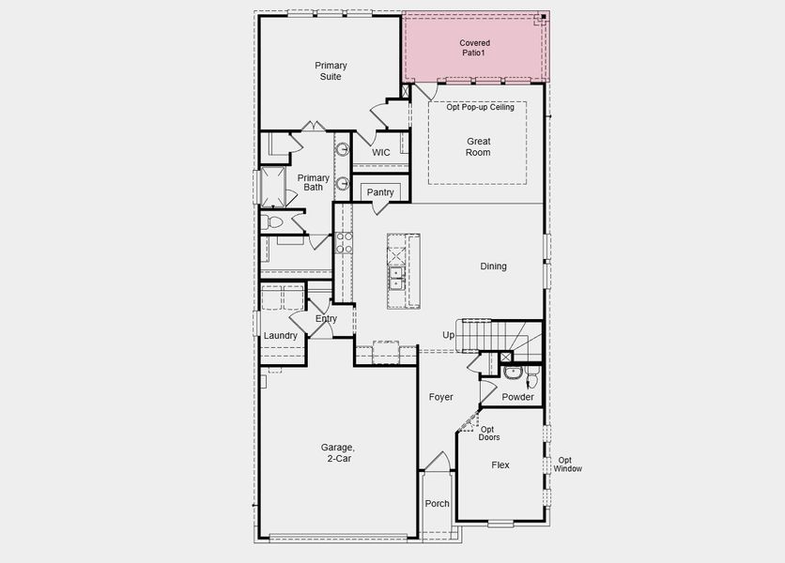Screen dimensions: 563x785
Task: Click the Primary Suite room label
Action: (331, 70)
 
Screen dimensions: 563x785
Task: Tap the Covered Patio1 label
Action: (474, 48)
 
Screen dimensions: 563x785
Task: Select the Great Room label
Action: (478, 146)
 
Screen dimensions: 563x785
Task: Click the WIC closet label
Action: (380, 152)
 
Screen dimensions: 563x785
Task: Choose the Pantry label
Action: (380, 192)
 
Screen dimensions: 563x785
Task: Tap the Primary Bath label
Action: (314, 182)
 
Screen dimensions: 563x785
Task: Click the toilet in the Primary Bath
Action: (271, 222)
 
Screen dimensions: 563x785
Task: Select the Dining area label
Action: (493, 266)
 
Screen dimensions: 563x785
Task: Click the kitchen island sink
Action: (396, 277)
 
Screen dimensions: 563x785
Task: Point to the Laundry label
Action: (280, 336)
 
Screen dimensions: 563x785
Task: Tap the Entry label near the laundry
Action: (326, 319)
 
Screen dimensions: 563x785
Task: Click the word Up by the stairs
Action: (449, 335)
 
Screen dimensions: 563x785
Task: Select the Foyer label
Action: (441, 397)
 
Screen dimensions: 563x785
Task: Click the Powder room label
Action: (517, 397)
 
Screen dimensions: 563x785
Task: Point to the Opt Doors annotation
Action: (489, 434)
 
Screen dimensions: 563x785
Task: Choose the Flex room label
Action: (500, 464)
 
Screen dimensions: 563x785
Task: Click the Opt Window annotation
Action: (567, 464)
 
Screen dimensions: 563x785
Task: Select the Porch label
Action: (437, 504)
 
